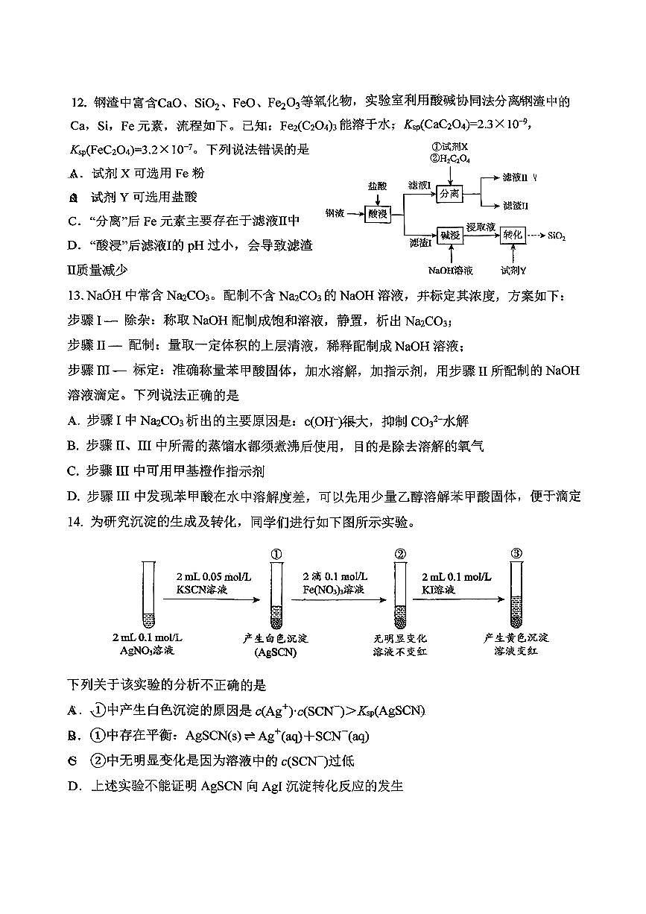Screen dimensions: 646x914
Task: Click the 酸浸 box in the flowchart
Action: [379, 213]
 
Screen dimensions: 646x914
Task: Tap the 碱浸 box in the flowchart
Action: [449, 234]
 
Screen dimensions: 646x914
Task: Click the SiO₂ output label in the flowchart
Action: [557, 236]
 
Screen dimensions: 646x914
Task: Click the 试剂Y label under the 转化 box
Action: [513, 270]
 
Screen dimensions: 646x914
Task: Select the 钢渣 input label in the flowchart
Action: [335, 214]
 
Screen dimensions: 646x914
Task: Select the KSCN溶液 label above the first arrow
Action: [202, 590]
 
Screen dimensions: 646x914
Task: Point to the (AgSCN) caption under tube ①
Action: [276, 652]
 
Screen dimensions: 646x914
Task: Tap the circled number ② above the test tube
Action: [400, 553]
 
